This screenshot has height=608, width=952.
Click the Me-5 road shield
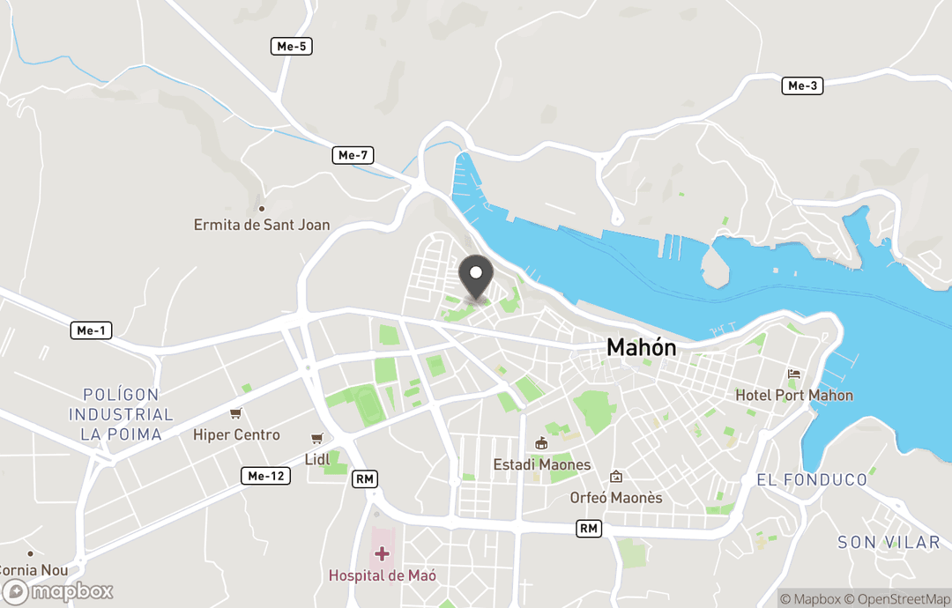pyautogui.click(x=291, y=46)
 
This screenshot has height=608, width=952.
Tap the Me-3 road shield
pyautogui.click(x=802, y=85)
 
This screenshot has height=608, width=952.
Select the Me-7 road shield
pyautogui.click(x=353, y=155)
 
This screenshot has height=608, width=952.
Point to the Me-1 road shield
pyautogui.click(x=92, y=330)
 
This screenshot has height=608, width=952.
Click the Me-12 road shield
pyautogui.click(x=265, y=476)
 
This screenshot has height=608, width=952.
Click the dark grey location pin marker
pyautogui.click(x=477, y=275)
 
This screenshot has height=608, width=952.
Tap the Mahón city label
pyautogui.click(x=642, y=348)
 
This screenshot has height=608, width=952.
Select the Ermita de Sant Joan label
pyautogui.click(x=262, y=225)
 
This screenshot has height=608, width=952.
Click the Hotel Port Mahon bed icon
pyautogui.click(x=794, y=374)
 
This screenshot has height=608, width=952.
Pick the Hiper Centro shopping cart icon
pyautogui.click(x=235, y=413)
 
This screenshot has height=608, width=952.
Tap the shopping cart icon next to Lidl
pyautogui.click(x=316, y=438)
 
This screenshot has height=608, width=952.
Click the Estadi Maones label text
pyautogui.click(x=542, y=464)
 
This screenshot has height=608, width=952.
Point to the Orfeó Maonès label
pyautogui.click(x=616, y=498)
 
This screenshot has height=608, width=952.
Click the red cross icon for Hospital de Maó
pyautogui.click(x=382, y=553)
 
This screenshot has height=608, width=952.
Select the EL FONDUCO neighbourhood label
pyautogui.click(x=812, y=480)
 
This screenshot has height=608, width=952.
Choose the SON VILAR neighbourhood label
pyautogui.click(x=889, y=542)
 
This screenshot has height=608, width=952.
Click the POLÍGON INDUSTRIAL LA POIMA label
pyautogui.click(x=121, y=414)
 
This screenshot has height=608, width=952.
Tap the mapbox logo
pyautogui.click(x=58, y=591)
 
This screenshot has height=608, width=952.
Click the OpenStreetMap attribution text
pyautogui.click(x=897, y=599)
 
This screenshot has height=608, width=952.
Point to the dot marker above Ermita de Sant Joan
pyautogui.click(x=262, y=209)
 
